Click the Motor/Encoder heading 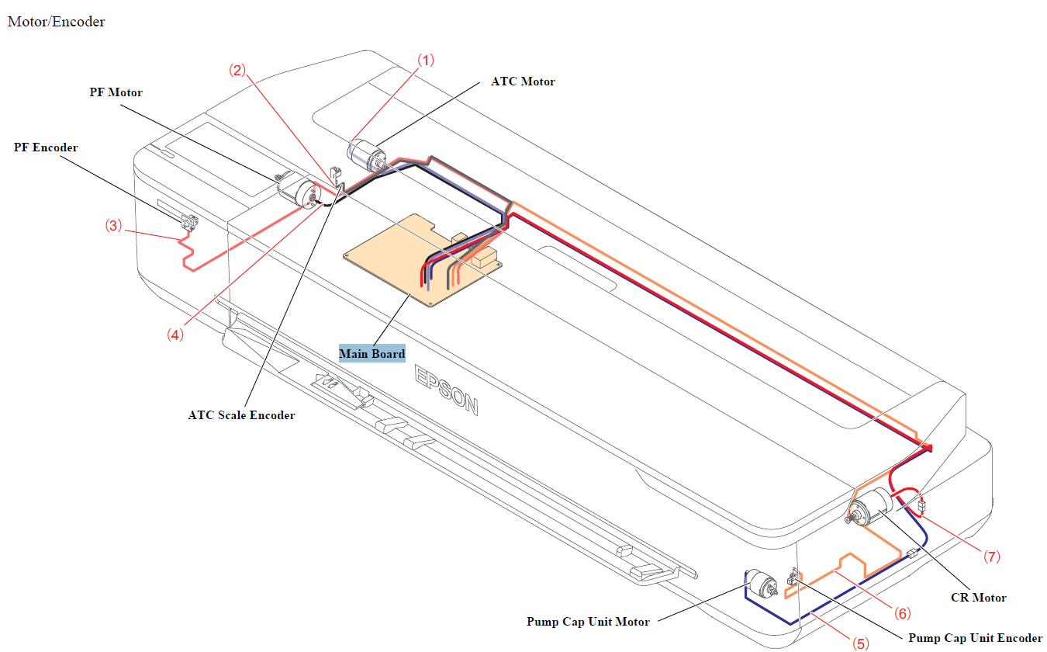tap(56, 22)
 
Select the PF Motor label tap(116, 92)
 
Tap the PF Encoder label tap(46, 147)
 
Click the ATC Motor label tap(523, 81)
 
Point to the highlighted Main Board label tap(372, 354)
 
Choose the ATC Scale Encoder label tap(241, 415)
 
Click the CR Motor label tap(978, 598)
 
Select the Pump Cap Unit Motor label tap(588, 621)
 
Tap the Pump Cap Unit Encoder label tap(975, 638)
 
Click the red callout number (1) tap(427, 60)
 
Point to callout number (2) tap(237, 70)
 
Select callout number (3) tap(114, 226)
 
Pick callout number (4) tap(174, 335)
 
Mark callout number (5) tap(861, 643)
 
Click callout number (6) tap(901, 613)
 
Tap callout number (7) tap(992, 557)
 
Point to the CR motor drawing tap(870, 509)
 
